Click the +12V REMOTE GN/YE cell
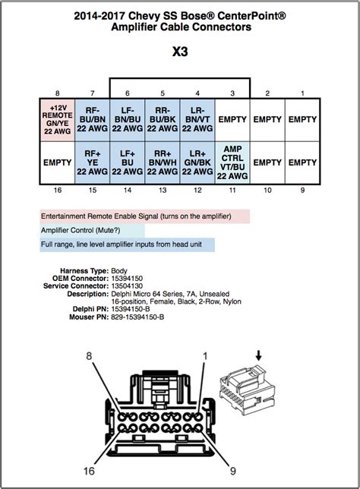[58, 120]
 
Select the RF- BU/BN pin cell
[93, 120]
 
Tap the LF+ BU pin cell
[128, 162]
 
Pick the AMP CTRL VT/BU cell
[232, 162]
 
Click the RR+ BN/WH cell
[163, 162]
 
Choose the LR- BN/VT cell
[197, 120]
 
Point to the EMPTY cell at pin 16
[58, 162]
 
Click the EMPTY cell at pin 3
[232, 120]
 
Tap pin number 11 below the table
[232, 190]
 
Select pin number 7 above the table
[93, 93]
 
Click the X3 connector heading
[180, 52]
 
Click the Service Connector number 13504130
[127, 286]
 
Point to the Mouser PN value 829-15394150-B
[137, 317]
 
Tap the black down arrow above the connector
[259, 355]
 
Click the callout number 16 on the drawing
[89, 471]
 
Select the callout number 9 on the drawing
[233, 471]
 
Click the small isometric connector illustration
[248, 388]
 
